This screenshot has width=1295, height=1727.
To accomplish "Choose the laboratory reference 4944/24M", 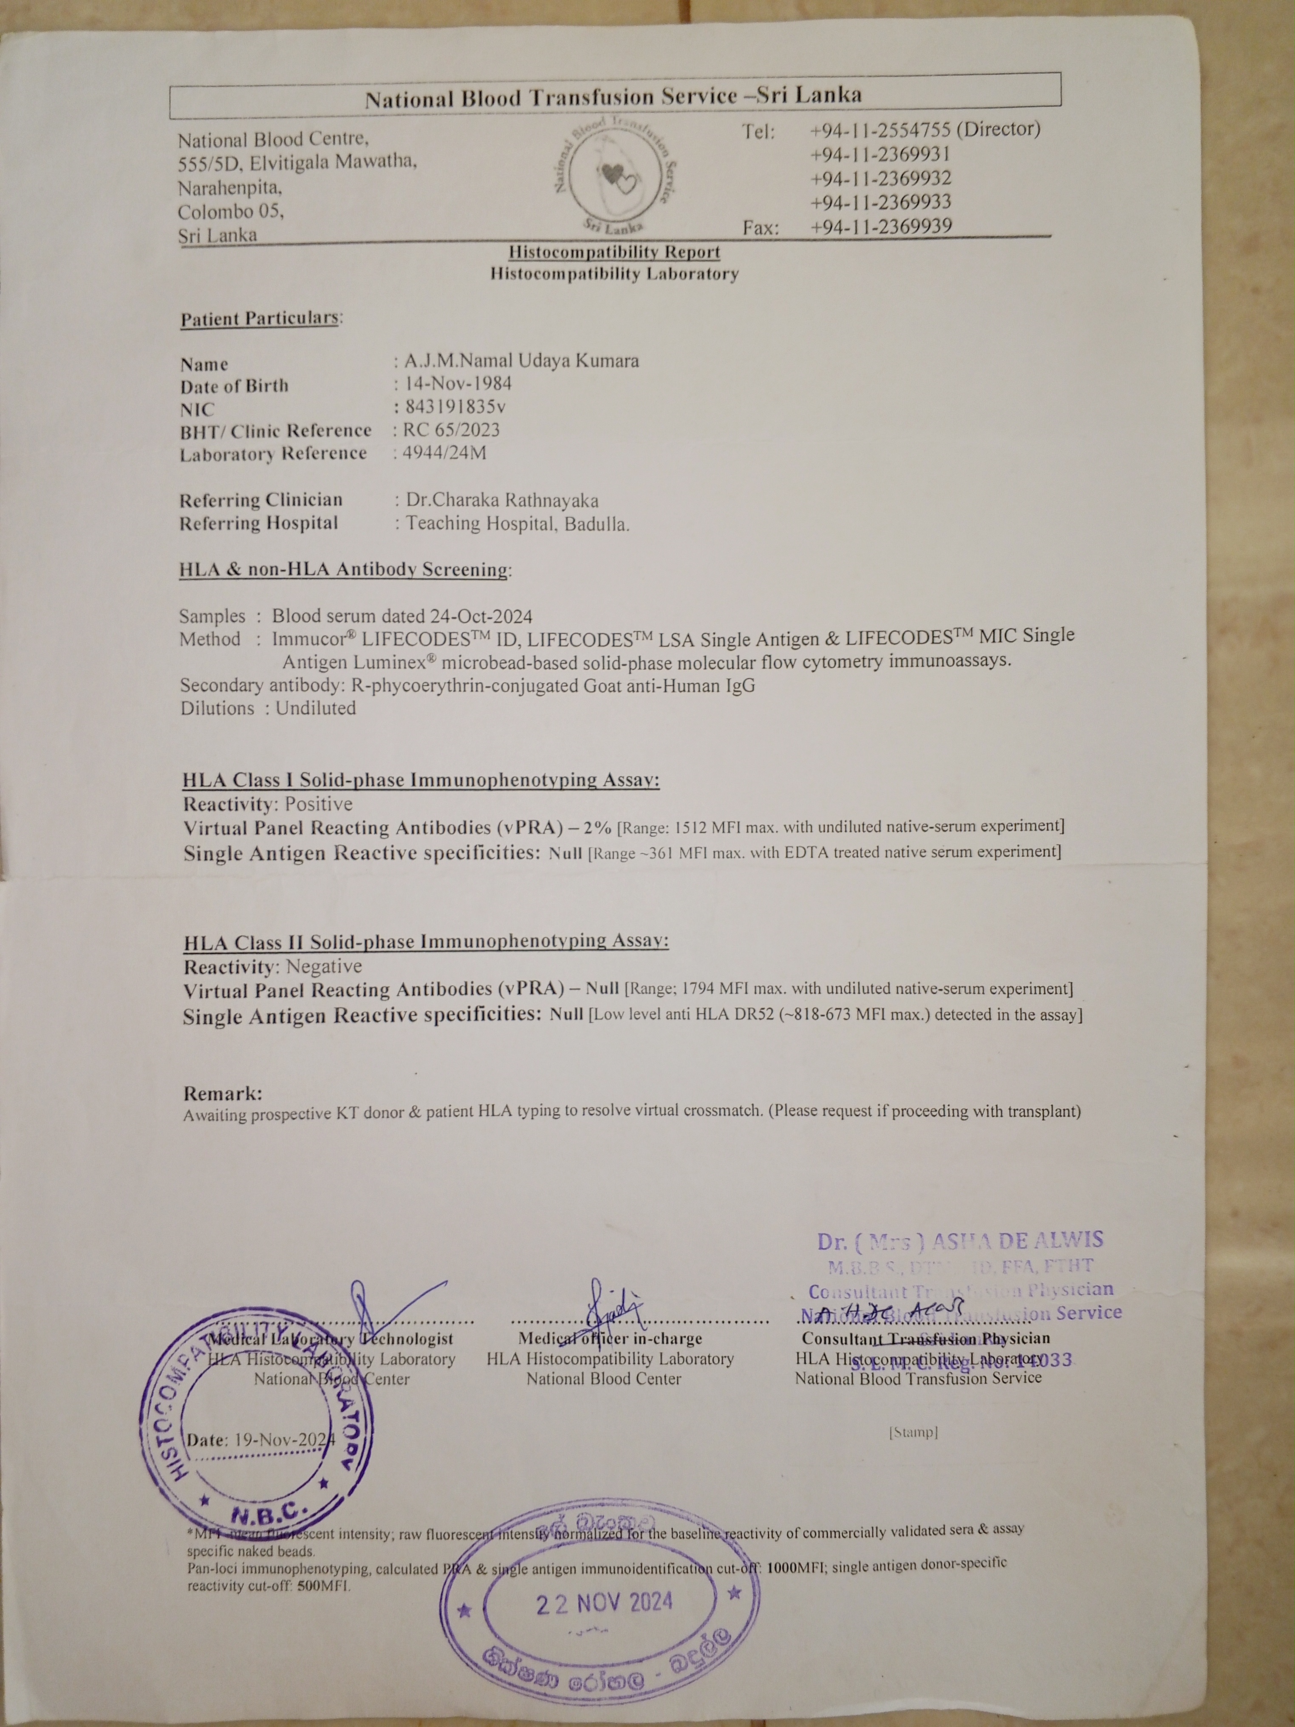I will (444, 453).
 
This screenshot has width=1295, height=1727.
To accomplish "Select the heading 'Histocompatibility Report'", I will (614, 252).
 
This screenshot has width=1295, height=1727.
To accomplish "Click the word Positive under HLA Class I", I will (319, 804).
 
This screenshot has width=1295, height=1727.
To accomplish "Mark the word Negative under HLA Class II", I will (324, 967).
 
